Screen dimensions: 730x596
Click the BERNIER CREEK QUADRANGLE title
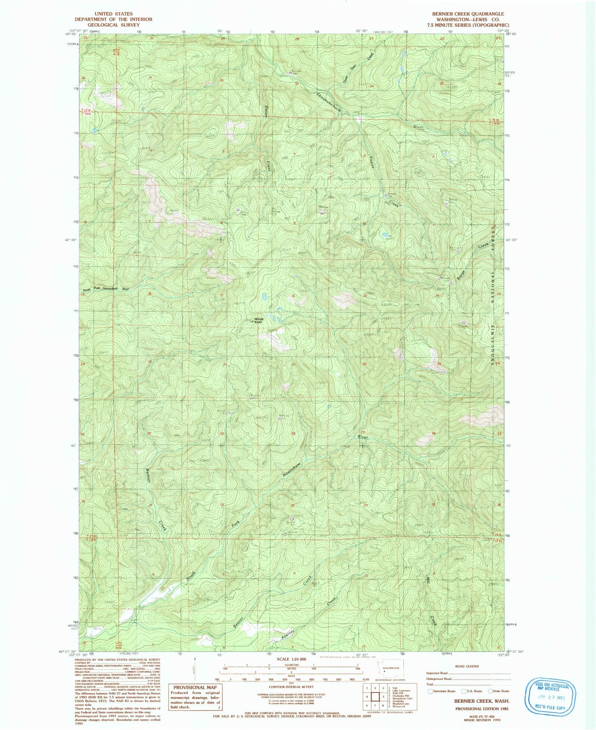(x=468, y=14)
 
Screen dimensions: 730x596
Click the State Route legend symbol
(x=490, y=691)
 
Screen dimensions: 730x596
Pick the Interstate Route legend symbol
(x=431, y=691)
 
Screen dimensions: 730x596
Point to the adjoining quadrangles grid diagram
(x=375, y=697)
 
